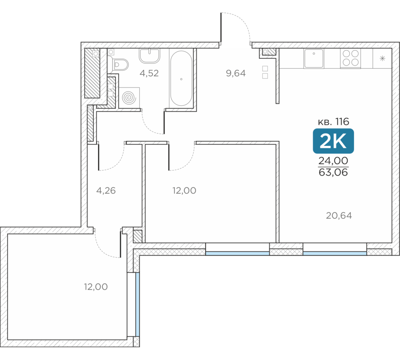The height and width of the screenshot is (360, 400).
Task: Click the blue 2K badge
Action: (x=333, y=141)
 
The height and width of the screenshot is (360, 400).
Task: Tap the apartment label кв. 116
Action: (x=333, y=122)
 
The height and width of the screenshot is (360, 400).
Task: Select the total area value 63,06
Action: (x=333, y=172)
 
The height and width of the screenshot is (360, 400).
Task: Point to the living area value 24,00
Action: (x=333, y=161)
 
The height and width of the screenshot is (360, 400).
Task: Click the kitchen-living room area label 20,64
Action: (x=339, y=216)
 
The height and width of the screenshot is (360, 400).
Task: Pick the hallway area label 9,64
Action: (x=236, y=73)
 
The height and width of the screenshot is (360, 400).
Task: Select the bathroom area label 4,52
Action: (x=149, y=73)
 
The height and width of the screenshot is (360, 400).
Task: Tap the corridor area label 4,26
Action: (x=106, y=190)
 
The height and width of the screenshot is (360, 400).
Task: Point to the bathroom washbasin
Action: (x=150, y=56)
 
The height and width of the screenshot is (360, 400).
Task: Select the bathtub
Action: (x=181, y=78)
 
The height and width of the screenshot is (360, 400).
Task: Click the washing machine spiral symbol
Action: (x=129, y=98)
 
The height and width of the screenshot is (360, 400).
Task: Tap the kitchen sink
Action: (x=314, y=58)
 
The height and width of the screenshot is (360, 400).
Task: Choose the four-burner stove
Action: (x=350, y=58)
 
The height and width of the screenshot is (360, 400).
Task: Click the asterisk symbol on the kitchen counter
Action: (x=382, y=58)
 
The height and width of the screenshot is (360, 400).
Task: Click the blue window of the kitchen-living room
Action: (x=335, y=253)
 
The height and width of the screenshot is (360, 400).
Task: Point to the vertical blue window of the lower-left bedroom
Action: (x=138, y=304)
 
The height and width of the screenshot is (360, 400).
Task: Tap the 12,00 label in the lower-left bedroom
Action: (x=96, y=287)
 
